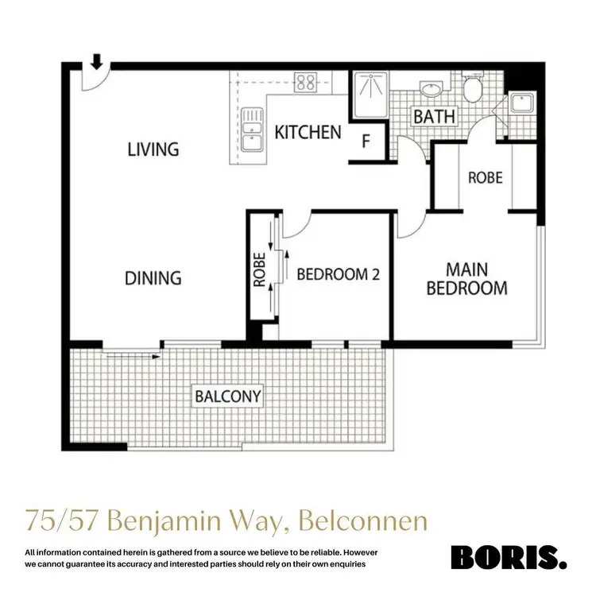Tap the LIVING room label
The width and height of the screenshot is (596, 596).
click(x=153, y=149)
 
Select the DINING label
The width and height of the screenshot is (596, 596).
click(x=153, y=278)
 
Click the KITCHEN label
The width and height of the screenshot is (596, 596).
click(x=308, y=132)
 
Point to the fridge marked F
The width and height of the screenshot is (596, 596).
click(x=366, y=143)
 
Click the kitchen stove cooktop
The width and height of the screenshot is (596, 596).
click(x=305, y=81)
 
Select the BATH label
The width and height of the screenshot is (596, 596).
click(x=434, y=116)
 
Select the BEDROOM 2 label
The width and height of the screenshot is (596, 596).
click(x=338, y=275)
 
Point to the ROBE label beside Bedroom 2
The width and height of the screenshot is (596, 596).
click(x=259, y=270)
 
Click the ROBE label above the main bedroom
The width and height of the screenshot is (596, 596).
click(x=484, y=177)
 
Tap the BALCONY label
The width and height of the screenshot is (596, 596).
click(x=229, y=395)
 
